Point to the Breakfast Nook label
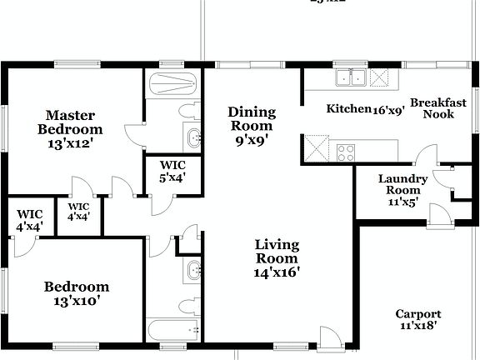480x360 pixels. [x=437, y=107]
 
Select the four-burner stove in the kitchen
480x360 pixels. [x=345, y=152]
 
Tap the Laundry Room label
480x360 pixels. [x=402, y=184]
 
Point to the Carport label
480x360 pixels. [x=418, y=313]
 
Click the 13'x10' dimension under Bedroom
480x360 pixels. [x=77, y=301]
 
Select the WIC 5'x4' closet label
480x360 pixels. [x=172, y=170]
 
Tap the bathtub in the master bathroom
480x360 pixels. [x=172, y=85]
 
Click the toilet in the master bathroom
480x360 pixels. [x=188, y=112]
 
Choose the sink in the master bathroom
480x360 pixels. [x=192, y=137]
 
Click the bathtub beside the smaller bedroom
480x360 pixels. [x=173, y=328]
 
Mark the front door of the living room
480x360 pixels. [x=330, y=337]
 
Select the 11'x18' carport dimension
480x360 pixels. [x=418, y=327]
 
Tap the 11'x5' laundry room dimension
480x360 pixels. [x=402, y=201]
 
